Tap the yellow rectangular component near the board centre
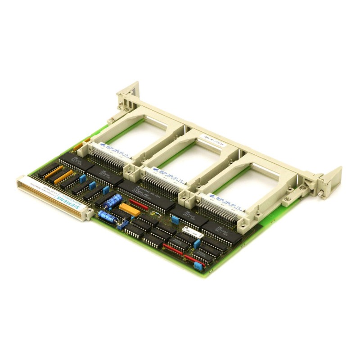click(x=130, y=209)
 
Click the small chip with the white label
click(x=192, y=231)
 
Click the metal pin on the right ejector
click(x=321, y=194)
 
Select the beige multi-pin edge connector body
click(x=49, y=198)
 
